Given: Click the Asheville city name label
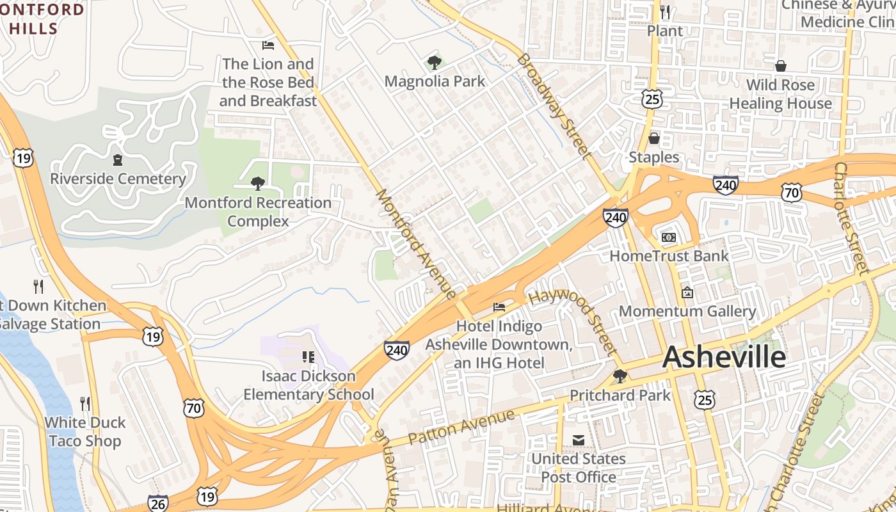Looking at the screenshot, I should tap(724, 356).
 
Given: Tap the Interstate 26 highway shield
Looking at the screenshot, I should tap(157, 503).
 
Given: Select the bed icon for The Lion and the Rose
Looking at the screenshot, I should tap(268, 45).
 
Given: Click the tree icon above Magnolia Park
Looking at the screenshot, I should tap(435, 63).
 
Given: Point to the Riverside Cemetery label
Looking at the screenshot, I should tap(118, 179).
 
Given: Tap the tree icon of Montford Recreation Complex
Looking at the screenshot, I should tap(258, 184).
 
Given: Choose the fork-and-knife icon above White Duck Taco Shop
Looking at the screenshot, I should tap(85, 403).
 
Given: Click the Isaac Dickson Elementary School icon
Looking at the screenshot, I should tap(308, 357).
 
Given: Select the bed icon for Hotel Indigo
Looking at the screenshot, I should tap(499, 307).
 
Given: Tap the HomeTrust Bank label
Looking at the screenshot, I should tap(669, 256).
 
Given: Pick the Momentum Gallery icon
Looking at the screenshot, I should tap(687, 292).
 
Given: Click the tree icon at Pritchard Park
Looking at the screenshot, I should tap(620, 376).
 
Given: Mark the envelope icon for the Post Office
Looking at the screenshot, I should tap(579, 440).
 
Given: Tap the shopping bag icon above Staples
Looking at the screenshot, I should tap(653, 138).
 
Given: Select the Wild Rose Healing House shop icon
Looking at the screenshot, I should tap(780, 66).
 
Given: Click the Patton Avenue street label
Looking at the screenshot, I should tap(461, 428).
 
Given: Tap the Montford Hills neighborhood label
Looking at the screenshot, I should tap(42, 19).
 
